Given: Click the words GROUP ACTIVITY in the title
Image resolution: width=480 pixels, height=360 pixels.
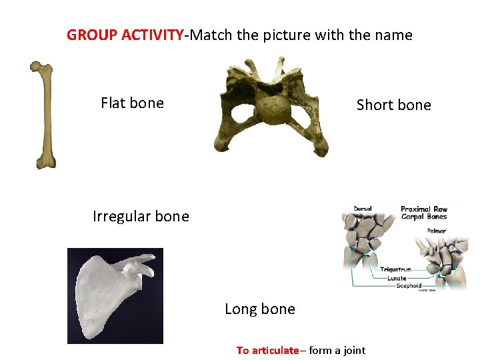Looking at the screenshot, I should coord(125,35).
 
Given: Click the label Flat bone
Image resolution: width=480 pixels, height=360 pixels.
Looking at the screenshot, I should coord(132,103).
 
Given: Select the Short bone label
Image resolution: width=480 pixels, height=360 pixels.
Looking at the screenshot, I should coord(393,105).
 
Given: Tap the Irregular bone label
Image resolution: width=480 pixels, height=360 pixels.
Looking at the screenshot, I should coord(141,216).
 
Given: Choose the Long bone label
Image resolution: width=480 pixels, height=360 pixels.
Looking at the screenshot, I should coord(259,309).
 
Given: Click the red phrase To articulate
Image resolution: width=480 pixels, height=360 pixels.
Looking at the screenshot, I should coord(267,350).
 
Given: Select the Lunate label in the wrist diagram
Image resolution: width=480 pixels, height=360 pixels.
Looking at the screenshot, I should coord(397,278).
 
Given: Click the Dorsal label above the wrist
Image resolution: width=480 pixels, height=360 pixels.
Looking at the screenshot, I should coord(363,209).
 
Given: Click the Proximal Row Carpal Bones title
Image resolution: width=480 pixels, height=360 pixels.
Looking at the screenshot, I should coord(424,213).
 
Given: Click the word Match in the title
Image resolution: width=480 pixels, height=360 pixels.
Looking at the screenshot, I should coord(209,35).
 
